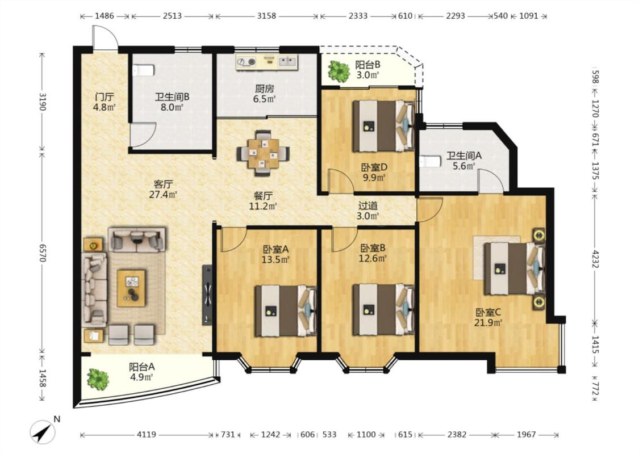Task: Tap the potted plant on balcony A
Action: pyautogui.click(x=98, y=379)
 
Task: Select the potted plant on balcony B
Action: pyautogui.click(x=339, y=72)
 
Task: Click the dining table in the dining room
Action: pyautogui.click(x=264, y=153)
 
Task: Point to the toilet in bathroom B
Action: pyautogui.click(x=143, y=70)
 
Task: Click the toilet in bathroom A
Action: pyautogui.click(x=430, y=161)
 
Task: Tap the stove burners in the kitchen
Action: pyautogui.click(x=247, y=62)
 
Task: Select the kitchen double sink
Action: pyautogui.click(x=288, y=61)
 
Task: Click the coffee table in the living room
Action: pyautogui.click(x=131, y=288)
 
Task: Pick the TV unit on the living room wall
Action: pyautogui.click(x=207, y=295)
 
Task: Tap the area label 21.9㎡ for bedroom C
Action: pyautogui.click(x=488, y=323)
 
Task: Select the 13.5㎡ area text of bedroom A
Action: pyautogui.click(x=276, y=259)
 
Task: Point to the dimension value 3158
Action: pyautogui.click(x=266, y=16)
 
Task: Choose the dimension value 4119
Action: pyautogui.click(x=146, y=435)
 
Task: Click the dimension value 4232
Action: pyautogui.click(x=595, y=258)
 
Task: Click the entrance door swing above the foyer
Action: pyautogui.click(x=105, y=38)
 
